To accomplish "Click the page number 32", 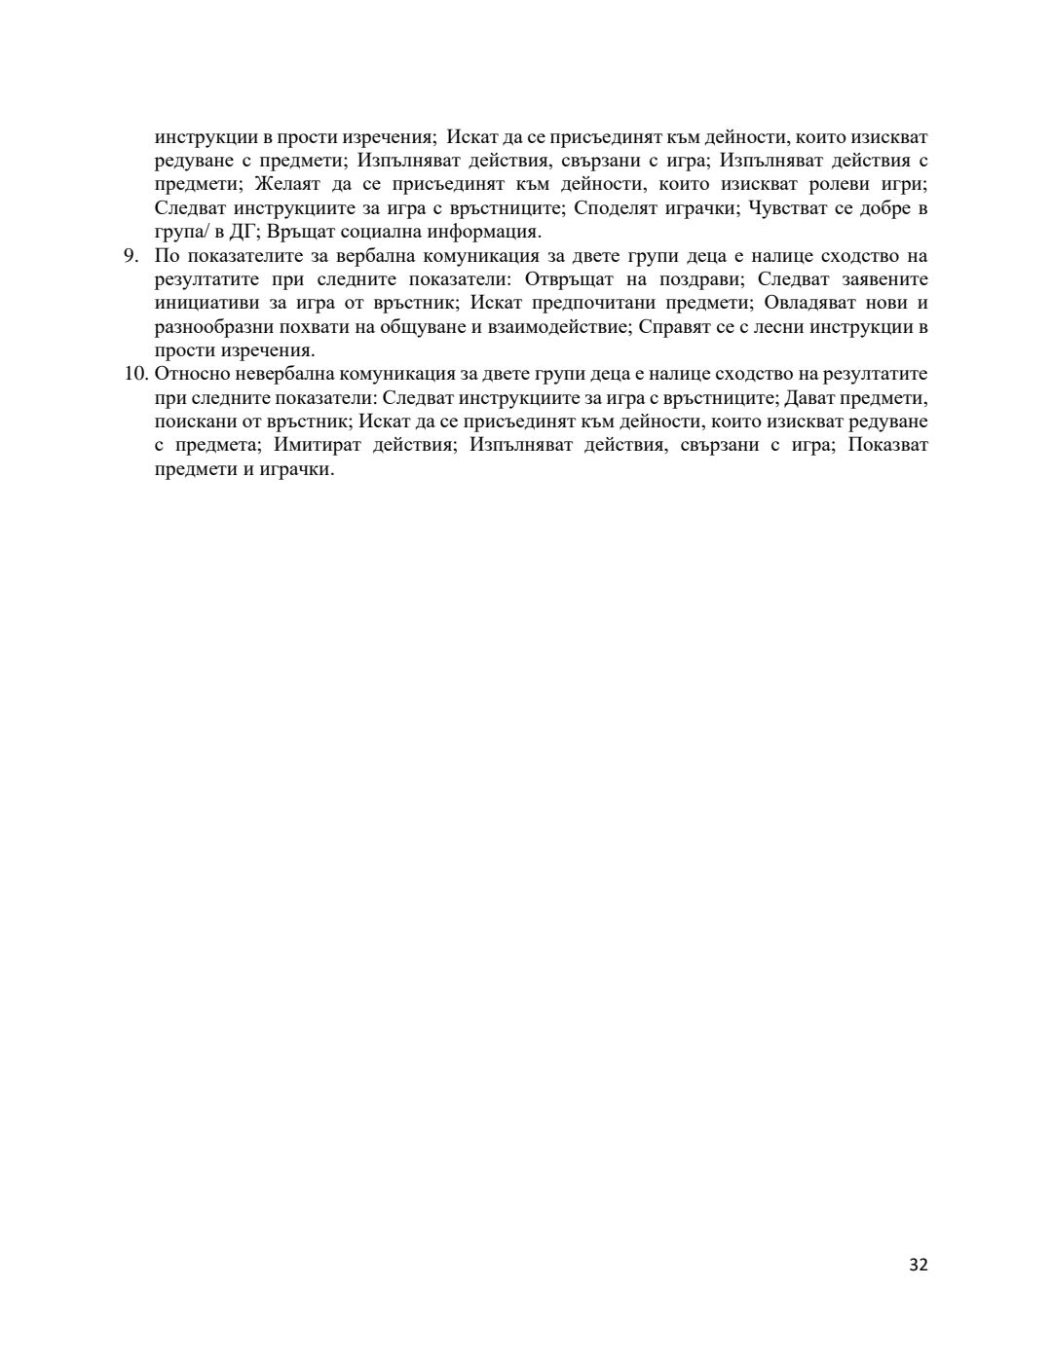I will point(918,1265).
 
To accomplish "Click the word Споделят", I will point(618,208).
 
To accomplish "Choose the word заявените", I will point(884,279).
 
